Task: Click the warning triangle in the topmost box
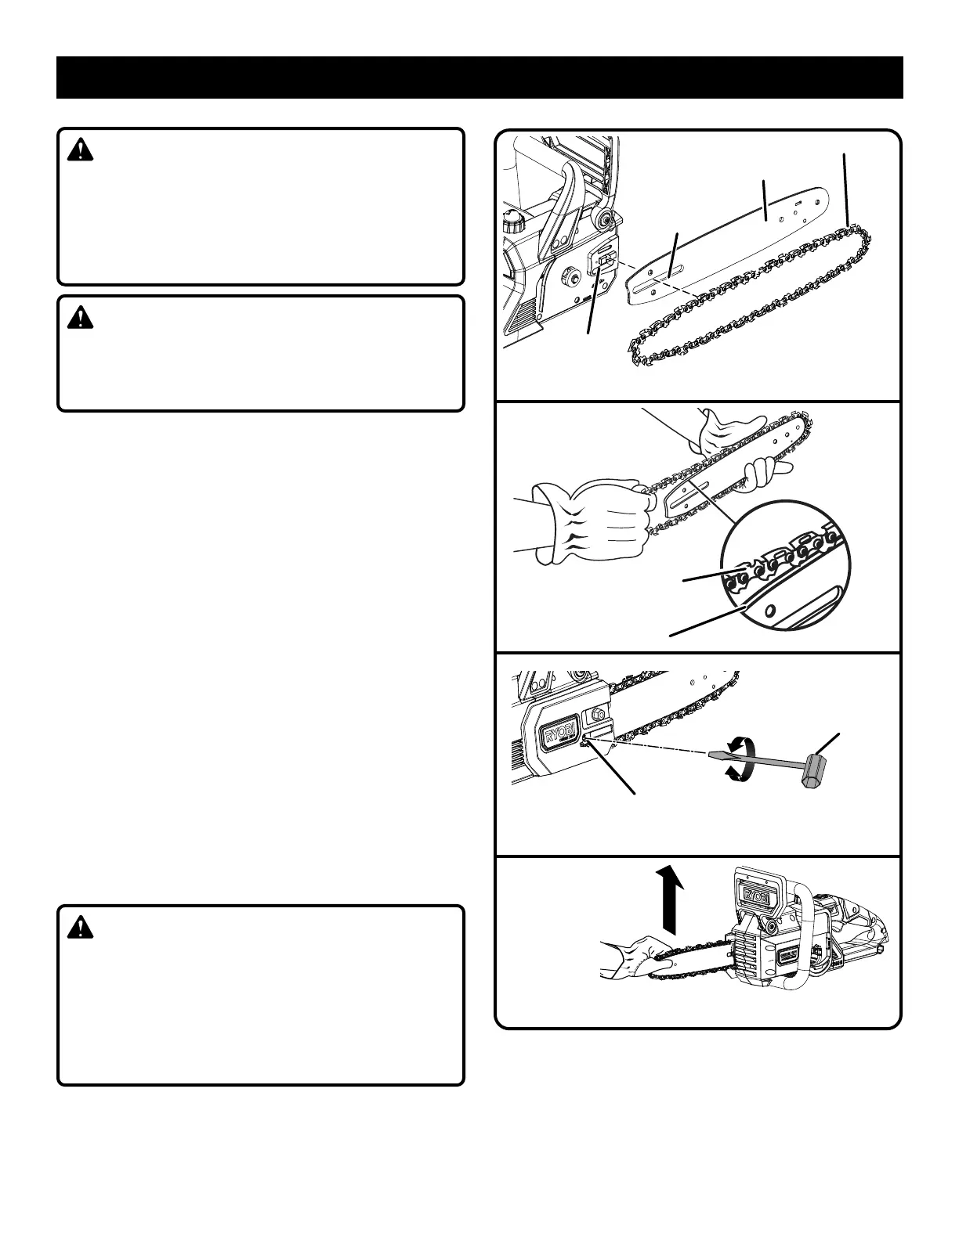click(x=80, y=150)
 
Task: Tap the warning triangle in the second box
click(x=80, y=317)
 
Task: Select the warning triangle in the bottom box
click(x=80, y=928)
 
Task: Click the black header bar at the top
click(x=479, y=77)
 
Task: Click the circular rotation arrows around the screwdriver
click(x=738, y=758)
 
